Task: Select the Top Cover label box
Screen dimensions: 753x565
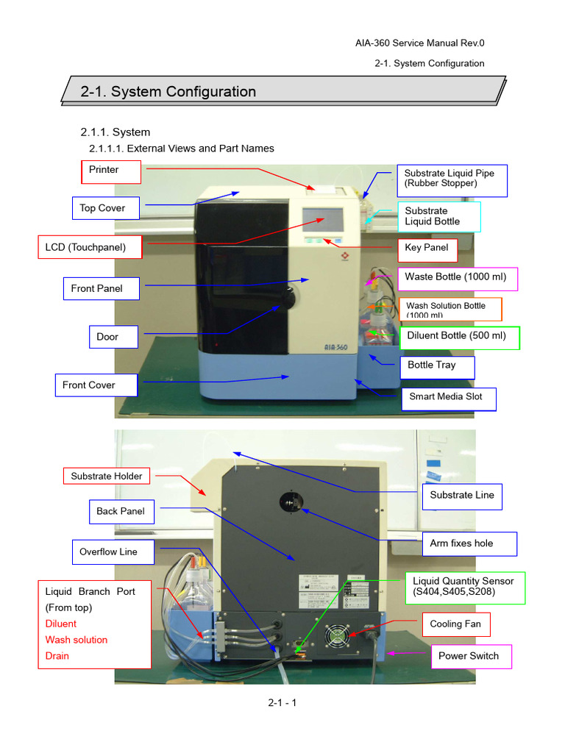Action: coord(103,208)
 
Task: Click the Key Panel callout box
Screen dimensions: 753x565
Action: coord(427,249)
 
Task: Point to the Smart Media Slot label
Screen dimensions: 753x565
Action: coord(447,397)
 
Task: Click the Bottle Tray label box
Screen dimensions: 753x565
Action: coord(436,365)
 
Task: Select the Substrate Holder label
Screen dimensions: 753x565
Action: coord(107,477)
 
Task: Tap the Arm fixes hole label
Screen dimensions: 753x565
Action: coord(463,543)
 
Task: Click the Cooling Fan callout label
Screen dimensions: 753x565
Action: coord(455,624)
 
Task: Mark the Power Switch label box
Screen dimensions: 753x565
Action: coord(469,656)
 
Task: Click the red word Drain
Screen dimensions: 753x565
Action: coord(57,656)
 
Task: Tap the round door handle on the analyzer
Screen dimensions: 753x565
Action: coord(290,300)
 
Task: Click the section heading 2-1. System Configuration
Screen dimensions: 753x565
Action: coord(168,92)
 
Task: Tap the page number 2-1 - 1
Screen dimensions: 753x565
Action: coord(282,703)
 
